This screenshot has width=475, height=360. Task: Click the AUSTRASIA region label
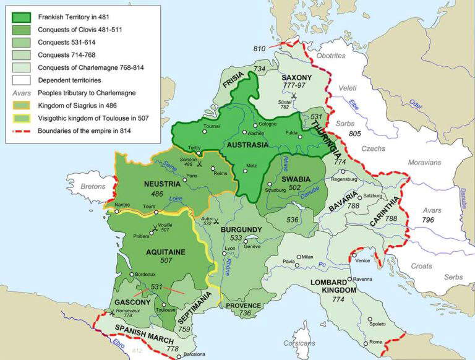(x=248, y=145)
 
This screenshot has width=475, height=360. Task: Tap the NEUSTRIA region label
(x=162, y=184)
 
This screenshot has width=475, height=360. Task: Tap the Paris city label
(x=192, y=176)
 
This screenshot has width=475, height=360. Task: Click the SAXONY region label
(x=297, y=78)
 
